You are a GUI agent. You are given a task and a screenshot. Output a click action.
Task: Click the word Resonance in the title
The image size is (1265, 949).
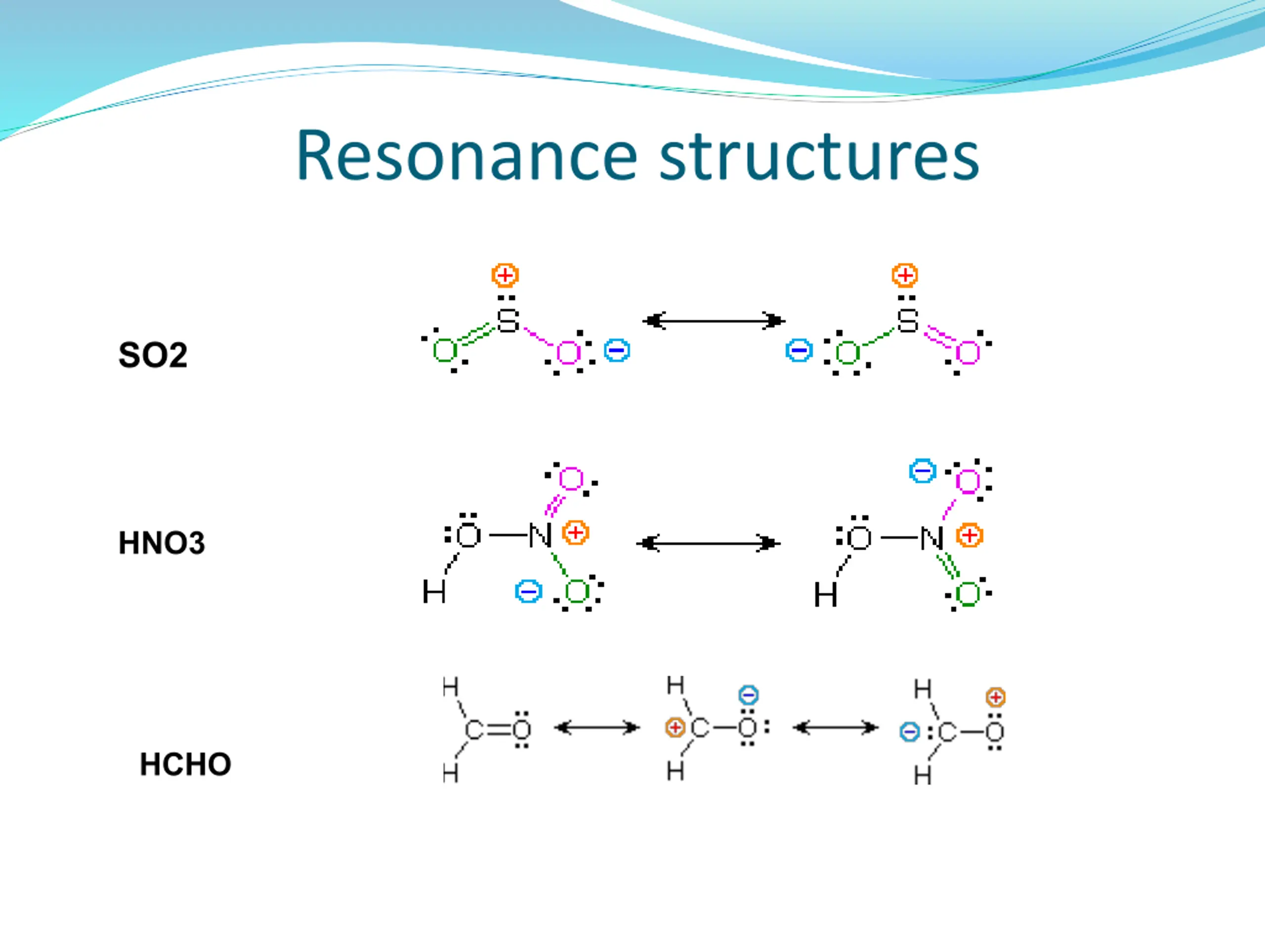466,156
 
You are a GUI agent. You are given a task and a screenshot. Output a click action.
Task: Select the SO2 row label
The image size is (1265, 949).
153,355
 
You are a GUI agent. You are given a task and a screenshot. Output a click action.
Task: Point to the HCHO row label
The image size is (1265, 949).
185,764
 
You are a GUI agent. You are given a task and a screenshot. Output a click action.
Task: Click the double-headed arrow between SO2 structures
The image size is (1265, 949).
714,321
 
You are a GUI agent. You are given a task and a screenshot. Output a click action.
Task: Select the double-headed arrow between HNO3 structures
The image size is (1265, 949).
709,543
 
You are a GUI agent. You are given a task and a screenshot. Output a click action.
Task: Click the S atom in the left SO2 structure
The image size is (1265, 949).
508,320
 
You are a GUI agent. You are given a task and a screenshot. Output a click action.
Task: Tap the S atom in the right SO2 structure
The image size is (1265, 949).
908,320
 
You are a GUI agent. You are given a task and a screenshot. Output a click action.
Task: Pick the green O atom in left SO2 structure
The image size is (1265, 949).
445,350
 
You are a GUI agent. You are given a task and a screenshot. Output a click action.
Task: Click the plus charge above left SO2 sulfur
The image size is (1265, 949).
505,275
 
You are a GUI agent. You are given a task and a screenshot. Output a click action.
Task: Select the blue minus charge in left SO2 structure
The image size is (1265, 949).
617,350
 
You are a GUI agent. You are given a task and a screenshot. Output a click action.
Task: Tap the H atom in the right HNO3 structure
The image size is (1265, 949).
826,595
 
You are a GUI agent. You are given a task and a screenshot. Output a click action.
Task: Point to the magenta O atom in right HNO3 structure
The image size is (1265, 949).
968,481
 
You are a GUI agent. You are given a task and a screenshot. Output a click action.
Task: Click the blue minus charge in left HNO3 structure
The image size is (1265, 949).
528,592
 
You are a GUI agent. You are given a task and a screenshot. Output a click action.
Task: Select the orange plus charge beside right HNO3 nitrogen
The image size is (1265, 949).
970,536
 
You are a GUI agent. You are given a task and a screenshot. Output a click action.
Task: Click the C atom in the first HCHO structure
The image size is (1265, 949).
474,731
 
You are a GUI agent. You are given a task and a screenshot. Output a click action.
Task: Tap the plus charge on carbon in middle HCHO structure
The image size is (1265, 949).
675,728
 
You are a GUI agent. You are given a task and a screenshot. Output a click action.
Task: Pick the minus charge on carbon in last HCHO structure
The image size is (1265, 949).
909,732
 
